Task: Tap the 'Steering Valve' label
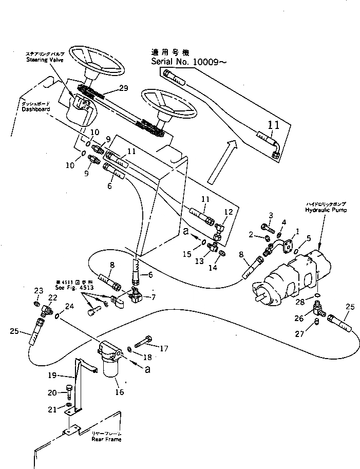[x=44, y=60]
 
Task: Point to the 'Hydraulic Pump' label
[x=326, y=210]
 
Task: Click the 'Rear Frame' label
[x=105, y=440]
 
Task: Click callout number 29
[x=123, y=88]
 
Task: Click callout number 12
[x=229, y=211]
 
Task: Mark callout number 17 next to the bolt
[x=164, y=348]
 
